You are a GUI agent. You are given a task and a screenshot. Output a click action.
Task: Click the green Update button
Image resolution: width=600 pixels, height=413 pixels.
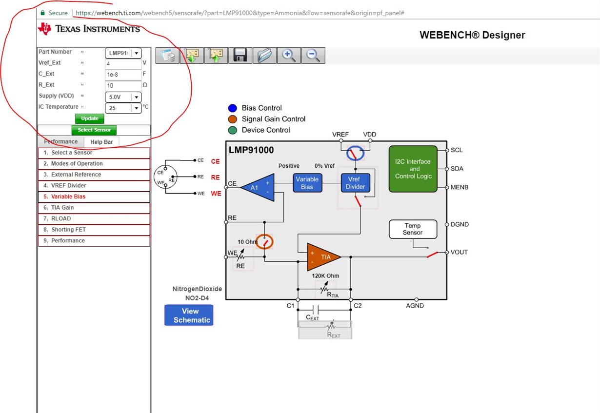(89, 118)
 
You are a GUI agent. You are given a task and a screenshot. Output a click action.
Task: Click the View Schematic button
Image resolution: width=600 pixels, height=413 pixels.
(189, 315)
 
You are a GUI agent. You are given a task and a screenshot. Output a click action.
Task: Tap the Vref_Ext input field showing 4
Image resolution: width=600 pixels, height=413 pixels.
(123, 63)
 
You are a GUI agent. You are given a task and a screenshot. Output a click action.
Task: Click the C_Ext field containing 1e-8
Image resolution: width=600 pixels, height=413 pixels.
(123, 75)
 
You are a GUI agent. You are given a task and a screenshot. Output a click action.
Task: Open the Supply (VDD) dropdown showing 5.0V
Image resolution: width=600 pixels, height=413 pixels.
(123, 97)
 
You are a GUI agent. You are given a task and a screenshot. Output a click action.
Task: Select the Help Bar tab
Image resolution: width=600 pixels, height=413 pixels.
(101, 142)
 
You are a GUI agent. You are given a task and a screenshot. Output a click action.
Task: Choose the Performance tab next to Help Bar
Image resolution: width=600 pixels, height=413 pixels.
(61, 142)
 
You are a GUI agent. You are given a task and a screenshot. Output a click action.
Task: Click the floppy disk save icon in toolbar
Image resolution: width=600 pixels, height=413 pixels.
(240, 56)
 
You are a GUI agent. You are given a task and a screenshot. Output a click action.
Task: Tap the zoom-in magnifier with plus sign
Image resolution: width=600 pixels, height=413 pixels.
(289, 56)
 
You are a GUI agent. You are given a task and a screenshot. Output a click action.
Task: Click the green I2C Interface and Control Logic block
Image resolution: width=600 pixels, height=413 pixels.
(413, 169)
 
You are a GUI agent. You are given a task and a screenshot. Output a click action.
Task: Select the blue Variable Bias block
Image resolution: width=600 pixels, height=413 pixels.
(307, 183)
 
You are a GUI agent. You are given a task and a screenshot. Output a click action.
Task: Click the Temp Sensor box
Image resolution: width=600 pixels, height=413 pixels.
(413, 229)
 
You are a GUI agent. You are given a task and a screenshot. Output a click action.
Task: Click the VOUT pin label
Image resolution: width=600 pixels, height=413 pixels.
(459, 252)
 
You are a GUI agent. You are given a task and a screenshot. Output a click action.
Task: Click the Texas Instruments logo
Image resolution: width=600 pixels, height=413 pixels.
(89, 29)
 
